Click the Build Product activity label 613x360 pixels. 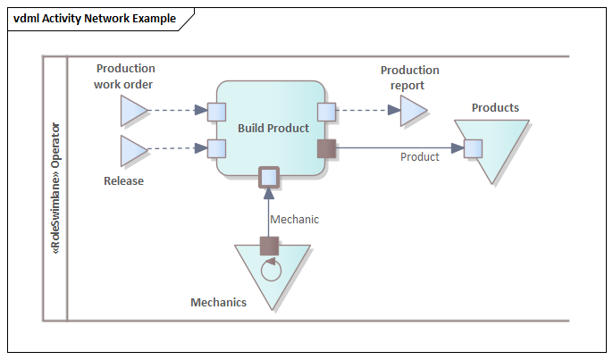tap(273, 128)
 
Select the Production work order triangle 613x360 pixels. tap(131, 112)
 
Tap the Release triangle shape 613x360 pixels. tap(131, 150)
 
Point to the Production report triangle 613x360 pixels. tap(411, 112)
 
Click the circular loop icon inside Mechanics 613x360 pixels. tap(270, 269)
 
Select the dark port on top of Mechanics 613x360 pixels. tap(270, 246)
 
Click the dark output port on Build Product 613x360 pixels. tap(326, 148)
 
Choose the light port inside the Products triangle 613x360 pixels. tap(474, 148)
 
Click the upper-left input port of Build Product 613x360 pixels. tap(216, 112)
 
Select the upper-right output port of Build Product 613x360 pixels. tap(326, 112)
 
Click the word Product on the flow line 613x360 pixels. tap(419, 157)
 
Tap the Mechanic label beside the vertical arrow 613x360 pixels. tap(294, 219)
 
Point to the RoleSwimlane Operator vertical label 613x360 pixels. tap(55, 188)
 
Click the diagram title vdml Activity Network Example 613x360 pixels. tap(94, 19)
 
